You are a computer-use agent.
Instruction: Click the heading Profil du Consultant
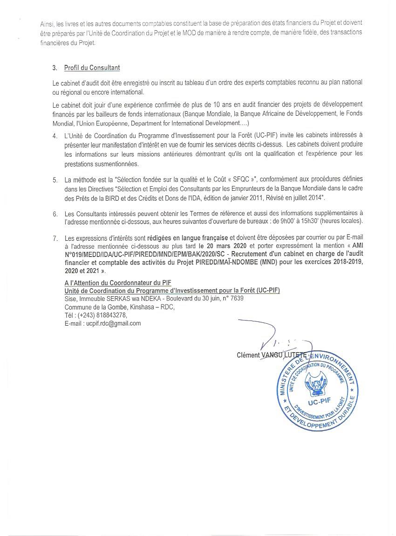point(92,68)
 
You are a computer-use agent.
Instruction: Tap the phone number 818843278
point(111,315)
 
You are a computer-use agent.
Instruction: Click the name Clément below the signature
point(248,355)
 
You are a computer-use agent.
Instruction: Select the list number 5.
point(55,180)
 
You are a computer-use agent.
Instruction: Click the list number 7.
point(55,238)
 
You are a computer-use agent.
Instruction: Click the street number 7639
point(237,298)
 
